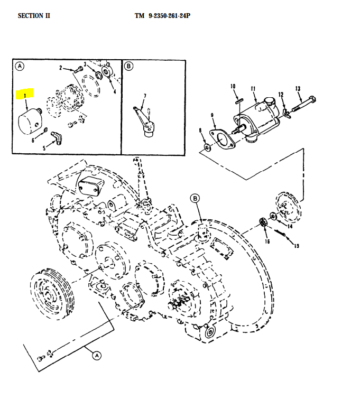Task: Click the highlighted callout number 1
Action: point(24,96)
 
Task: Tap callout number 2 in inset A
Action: point(61,68)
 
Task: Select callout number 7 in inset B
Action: point(145,96)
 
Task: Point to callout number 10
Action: point(232,86)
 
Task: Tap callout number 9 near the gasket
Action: point(212,115)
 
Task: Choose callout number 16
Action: point(267,241)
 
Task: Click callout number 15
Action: point(296,246)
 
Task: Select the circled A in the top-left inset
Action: point(20,67)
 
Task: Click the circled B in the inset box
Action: point(130,66)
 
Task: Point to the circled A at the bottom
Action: point(97,356)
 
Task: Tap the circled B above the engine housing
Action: point(196,198)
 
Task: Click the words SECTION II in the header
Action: point(34,16)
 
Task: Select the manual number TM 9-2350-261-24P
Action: point(162,16)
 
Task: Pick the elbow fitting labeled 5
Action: point(56,137)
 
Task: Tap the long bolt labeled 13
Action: point(304,106)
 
